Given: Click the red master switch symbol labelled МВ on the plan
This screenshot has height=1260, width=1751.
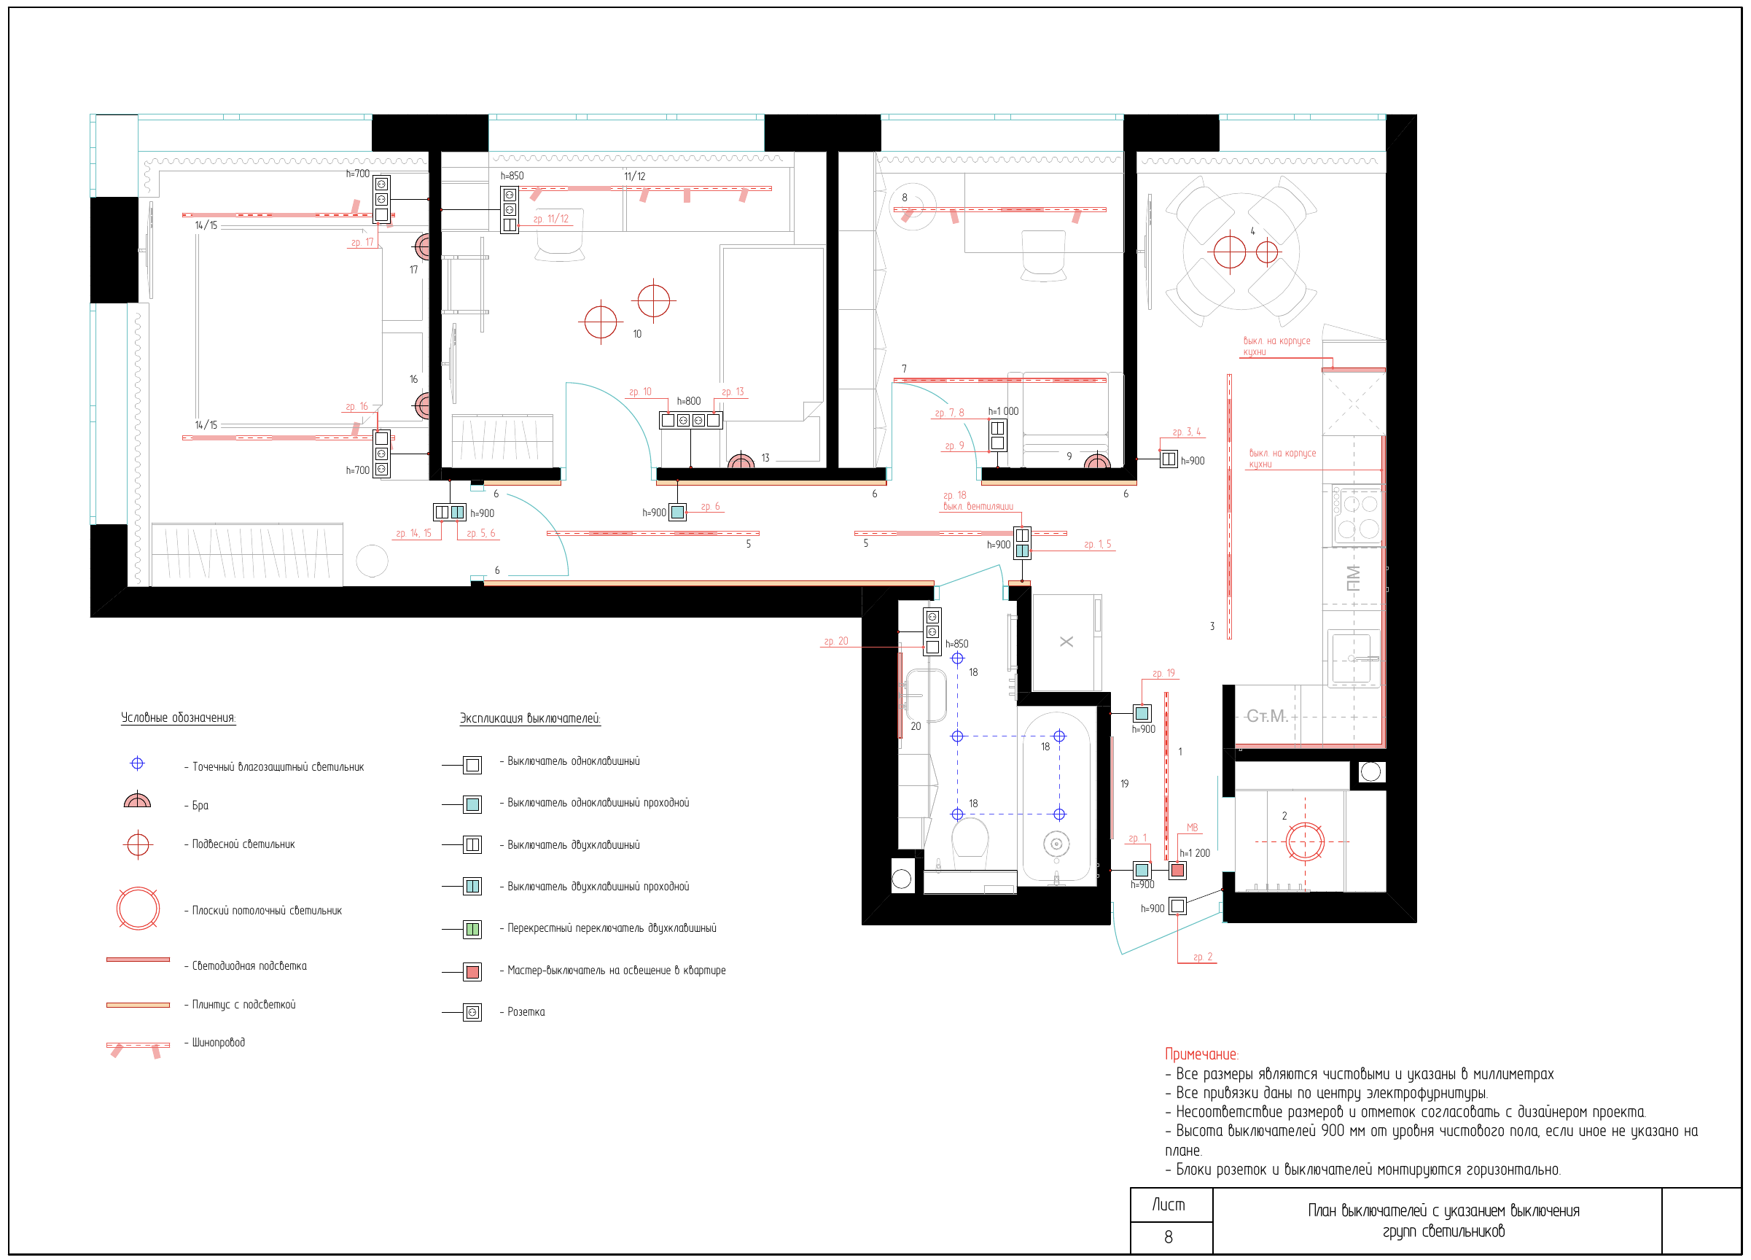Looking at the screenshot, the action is tap(1177, 870).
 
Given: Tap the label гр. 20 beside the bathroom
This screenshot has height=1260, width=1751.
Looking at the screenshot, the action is tap(835, 641).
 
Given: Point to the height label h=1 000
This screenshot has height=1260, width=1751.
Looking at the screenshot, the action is tap(1003, 411).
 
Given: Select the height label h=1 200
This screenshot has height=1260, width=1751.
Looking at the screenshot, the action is tap(1194, 853).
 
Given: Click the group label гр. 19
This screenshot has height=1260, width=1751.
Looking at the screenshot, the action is tap(1163, 673).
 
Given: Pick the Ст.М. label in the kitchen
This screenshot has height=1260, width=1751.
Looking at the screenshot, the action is tap(1267, 717).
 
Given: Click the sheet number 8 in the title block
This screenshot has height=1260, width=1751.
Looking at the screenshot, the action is tap(1168, 1237).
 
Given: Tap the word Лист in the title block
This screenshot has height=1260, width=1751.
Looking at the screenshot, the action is tap(1168, 1205).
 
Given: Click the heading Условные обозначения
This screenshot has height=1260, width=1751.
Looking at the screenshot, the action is tap(179, 718).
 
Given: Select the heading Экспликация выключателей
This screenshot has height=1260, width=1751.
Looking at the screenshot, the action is tap(530, 719).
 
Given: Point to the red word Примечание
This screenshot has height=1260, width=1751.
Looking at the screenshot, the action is tap(1201, 1054).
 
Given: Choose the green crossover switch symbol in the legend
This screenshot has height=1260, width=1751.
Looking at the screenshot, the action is tap(472, 929).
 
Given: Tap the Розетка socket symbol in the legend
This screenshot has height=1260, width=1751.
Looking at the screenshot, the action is tap(472, 1012).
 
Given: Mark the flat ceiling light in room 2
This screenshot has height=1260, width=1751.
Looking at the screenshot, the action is tap(1305, 841).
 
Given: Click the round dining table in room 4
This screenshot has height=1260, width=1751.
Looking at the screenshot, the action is tap(1241, 252).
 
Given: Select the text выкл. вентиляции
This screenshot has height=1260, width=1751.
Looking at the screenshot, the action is tap(978, 507).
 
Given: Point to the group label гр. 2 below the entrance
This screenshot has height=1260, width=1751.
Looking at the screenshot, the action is tap(1203, 957).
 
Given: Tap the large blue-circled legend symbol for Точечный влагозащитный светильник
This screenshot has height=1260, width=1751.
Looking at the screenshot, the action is tap(138, 763).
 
